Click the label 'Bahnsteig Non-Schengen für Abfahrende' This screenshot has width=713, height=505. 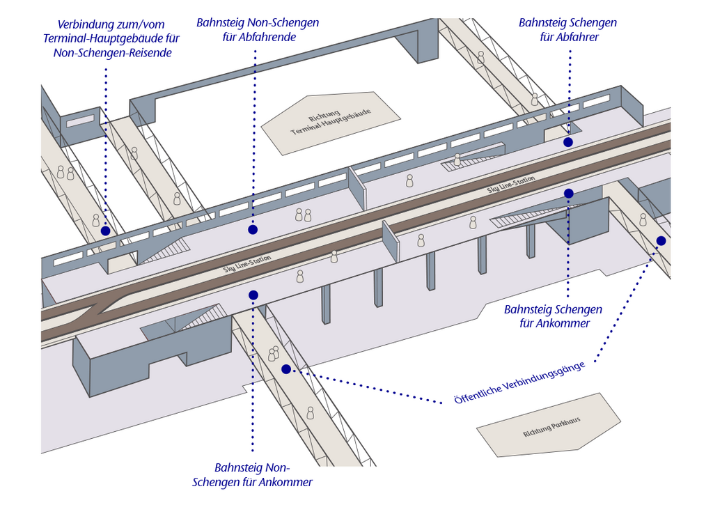click(x=258, y=29)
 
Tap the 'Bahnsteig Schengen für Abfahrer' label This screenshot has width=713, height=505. click(x=568, y=29)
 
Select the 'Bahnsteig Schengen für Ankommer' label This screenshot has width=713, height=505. click(x=554, y=316)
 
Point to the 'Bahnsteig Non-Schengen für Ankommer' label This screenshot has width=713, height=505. click(x=252, y=475)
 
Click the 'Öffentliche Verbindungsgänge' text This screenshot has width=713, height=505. click(x=519, y=383)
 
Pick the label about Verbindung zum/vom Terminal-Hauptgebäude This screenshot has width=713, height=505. click(x=111, y=39)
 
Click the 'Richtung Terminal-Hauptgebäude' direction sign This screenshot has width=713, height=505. click(x=331, y=121)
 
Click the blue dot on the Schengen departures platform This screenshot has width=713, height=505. click(x=568, y=142)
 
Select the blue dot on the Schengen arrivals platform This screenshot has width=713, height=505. click(x=568, y=194)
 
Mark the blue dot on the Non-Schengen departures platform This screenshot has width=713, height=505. click(x=253, y=230)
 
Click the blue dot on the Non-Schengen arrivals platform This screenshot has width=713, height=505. click(x=253, y=295)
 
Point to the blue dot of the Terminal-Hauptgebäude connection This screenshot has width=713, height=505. click(x=106, y=231)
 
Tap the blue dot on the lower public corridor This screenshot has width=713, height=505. click(x=286, y=369)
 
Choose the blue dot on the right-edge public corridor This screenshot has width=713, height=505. click(x=661, y=241)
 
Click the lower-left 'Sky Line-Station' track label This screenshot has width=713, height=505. click(x=247, y=264)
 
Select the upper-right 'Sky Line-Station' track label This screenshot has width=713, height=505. click(x=511, y=185)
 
